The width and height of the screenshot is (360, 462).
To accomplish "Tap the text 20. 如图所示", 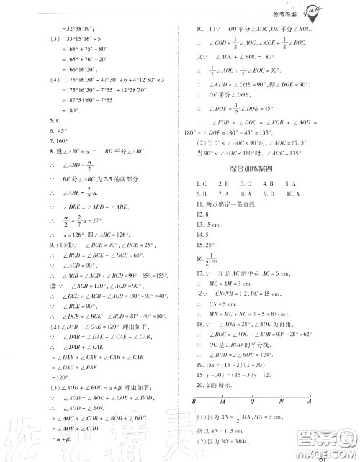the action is pyautogui.click(x=215, y=386).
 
